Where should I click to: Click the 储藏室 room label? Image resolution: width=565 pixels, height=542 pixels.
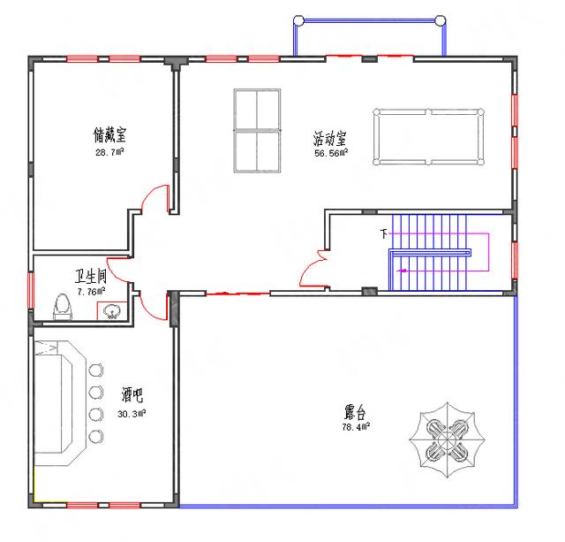pos(109,135)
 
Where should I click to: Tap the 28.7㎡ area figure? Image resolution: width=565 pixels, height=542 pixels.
pos(109,152)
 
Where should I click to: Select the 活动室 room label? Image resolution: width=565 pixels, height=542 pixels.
pos(329,138)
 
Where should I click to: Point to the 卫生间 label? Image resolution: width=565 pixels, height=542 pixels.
pos(91,276)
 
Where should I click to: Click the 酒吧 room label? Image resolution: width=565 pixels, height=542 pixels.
pos(132,394)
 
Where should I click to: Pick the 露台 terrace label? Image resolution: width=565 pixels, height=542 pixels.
pos(355,412)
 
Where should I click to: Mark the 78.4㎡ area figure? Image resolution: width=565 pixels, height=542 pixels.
pos(356,427)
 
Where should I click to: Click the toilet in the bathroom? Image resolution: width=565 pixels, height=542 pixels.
pos(63,307)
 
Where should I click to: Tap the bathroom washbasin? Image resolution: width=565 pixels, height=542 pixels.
pos(111,311)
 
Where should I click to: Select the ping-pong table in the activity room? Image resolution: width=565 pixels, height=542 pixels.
pos(257,131)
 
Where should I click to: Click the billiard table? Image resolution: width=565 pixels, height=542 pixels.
pos(428,137)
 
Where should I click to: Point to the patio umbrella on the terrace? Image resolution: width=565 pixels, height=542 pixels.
pos(447,440)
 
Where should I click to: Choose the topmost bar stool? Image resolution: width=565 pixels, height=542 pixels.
pos(96,370)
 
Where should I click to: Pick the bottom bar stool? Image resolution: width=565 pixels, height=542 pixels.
pos(96,436)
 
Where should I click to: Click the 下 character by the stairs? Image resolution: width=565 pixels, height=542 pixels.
pos(384,233)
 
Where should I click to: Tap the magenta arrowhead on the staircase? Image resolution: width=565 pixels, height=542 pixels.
pos(401,271)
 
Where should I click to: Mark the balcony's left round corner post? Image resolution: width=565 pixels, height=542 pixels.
pos(298,20)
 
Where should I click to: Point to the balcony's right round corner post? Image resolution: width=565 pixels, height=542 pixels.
pos(441,20)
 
